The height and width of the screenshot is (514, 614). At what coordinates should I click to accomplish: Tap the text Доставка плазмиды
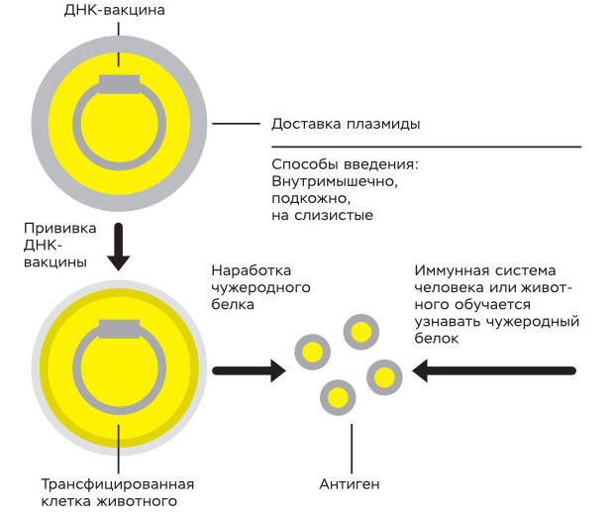pyautogui.click(x=346, y=125)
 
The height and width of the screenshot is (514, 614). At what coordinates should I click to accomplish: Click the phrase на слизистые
pyautogui.click(x=321, y=215)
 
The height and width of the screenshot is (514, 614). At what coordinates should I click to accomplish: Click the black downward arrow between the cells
pyautogui.click(x=119, y=248)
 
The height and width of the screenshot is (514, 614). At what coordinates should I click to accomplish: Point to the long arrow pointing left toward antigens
pyautogui.click(x=495, y=371)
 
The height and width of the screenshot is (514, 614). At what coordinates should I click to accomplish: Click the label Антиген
pyautogui.click(x=349, y=484)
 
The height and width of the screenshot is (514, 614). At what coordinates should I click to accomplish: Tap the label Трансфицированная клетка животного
pyautogui.click(x=117, y=492)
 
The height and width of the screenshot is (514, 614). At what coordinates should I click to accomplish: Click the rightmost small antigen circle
pyautogui.click(x=383, y=377)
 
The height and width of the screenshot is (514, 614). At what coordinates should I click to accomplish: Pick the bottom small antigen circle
pyautogui.click(x=338, y=398)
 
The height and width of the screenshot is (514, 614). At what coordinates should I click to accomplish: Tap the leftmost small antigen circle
pyautogui.click(x=313, y=351)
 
